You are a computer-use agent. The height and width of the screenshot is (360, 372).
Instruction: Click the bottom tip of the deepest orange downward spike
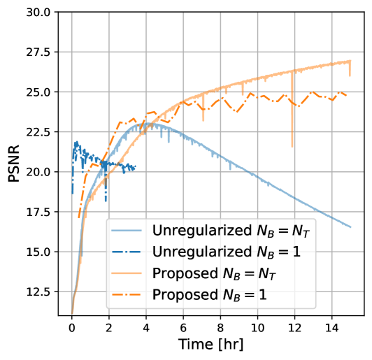click(292, 147)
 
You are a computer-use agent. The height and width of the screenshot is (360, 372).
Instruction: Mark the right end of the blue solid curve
click(350, 226)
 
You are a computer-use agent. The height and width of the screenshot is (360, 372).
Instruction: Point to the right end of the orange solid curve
click(350, 61)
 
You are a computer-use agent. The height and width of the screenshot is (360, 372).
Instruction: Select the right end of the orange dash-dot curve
click(347, 95)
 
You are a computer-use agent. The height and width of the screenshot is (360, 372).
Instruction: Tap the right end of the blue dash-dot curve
click(135, 167)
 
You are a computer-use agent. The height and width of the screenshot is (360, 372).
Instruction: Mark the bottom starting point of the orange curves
click(72, 313)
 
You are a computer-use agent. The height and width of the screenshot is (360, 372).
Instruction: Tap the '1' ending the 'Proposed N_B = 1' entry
click(263, 294)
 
